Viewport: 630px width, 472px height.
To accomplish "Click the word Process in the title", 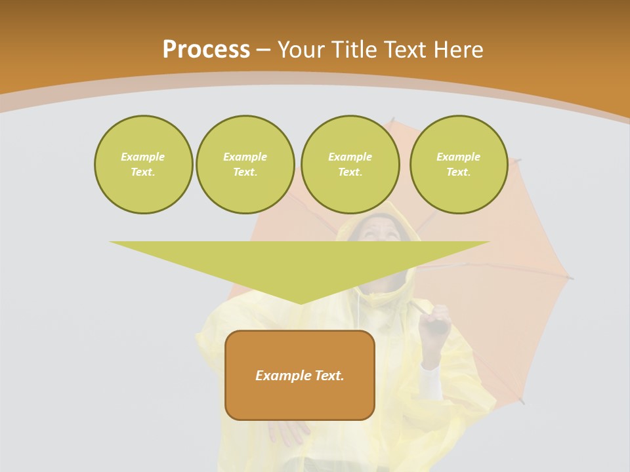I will coord(206,49).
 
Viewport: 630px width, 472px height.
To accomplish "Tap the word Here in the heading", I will coord(457,49).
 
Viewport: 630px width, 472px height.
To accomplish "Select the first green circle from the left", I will coord(143,165).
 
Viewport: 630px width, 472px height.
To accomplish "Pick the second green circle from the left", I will coord(245,165).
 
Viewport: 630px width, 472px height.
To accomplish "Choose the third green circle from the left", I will coord(350,165).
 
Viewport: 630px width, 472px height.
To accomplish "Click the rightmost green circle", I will coord(458,165).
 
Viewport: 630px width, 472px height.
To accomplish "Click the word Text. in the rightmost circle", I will coord(458,172).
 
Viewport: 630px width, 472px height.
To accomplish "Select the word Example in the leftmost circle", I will coord(143,157).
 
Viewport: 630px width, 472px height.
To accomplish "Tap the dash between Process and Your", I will coord(264,50).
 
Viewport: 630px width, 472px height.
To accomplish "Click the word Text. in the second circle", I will coord(245,172).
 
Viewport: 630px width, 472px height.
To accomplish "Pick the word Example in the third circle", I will coord(350,157).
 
